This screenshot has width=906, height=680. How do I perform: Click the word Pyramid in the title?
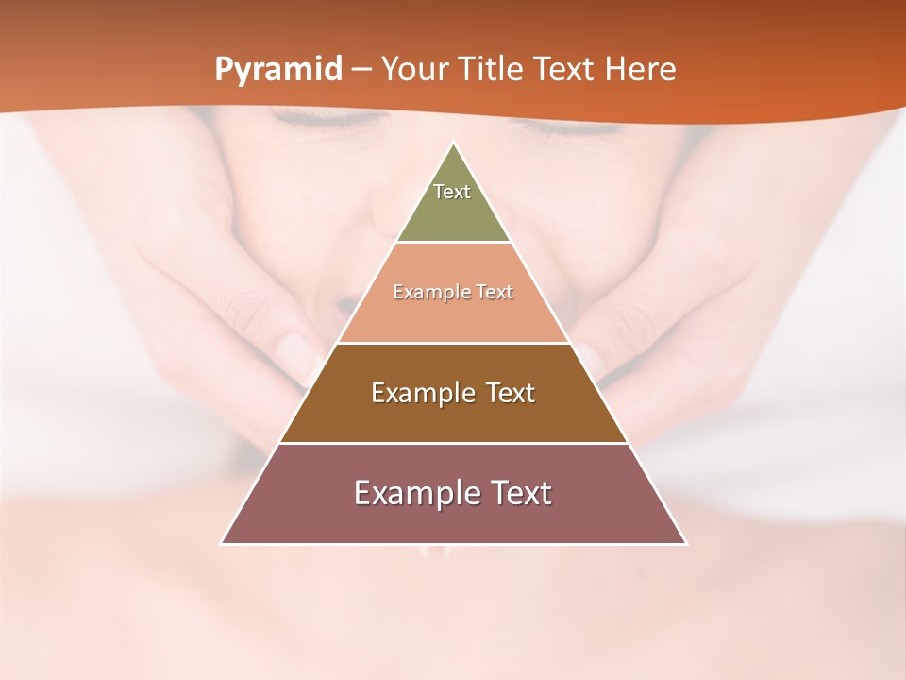click(x=277, y=70)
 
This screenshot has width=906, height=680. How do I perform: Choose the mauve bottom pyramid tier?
click(x=453, y=519)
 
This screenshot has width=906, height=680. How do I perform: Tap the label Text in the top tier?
click(x=452, y=192)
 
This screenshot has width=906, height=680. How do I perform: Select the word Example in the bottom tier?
click(x=407, y=493)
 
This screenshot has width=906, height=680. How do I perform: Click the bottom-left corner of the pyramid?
click(x=222, y=543)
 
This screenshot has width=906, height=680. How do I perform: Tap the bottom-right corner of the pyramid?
click(x=686, y=543)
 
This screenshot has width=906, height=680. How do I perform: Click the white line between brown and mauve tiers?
click(x=453, y=443)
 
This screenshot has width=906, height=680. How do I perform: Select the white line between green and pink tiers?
click(x=453, y=243)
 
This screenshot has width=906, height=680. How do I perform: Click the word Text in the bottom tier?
click(x=515, y=493)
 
